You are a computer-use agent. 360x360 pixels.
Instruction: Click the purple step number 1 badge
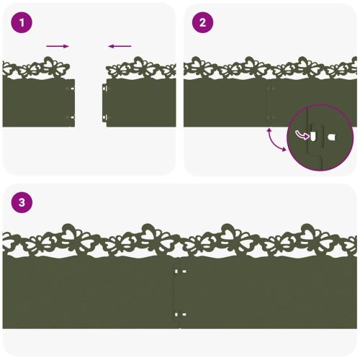[x=22, y=23]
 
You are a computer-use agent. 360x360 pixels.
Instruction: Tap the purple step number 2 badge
[x=202, y=23]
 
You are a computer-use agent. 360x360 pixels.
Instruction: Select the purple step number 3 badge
[x=22, y=202]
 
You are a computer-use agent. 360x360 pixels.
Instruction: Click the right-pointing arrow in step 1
[x=58, y=46]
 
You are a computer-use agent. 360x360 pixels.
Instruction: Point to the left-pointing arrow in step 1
[x=120, y=46]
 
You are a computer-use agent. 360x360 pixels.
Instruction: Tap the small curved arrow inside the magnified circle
[x=302, y=135]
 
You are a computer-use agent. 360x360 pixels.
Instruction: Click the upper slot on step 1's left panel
[x=72, y=89]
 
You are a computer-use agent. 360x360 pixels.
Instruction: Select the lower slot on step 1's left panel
[x=72, y=117]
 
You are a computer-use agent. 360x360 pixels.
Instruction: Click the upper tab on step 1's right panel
[x=104, y=89]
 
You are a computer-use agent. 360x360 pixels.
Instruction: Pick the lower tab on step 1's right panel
[x=104, y=117]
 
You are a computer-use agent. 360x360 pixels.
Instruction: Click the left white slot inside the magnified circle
[x=313, y=136]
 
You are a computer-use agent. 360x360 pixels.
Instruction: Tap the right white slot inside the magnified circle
[x=331, y=138]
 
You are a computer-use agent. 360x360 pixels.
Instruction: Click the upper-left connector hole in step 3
[x=176, y=271]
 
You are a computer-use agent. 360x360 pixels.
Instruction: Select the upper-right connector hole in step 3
[x=184, y=271]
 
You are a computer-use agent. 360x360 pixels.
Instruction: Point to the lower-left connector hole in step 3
[x=176, y=315]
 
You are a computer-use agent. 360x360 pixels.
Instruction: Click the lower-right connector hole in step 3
[x=184, y=315]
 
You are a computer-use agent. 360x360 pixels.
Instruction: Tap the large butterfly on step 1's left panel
[x=53, y=66]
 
